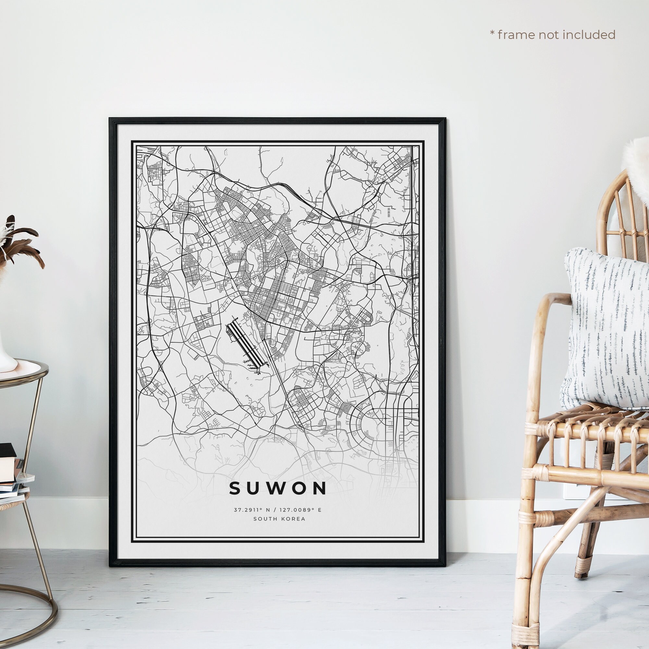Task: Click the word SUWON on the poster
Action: [x=278, y=488]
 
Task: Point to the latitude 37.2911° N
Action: [x=250, y=510]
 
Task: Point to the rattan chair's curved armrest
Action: [x=551, y=302]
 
